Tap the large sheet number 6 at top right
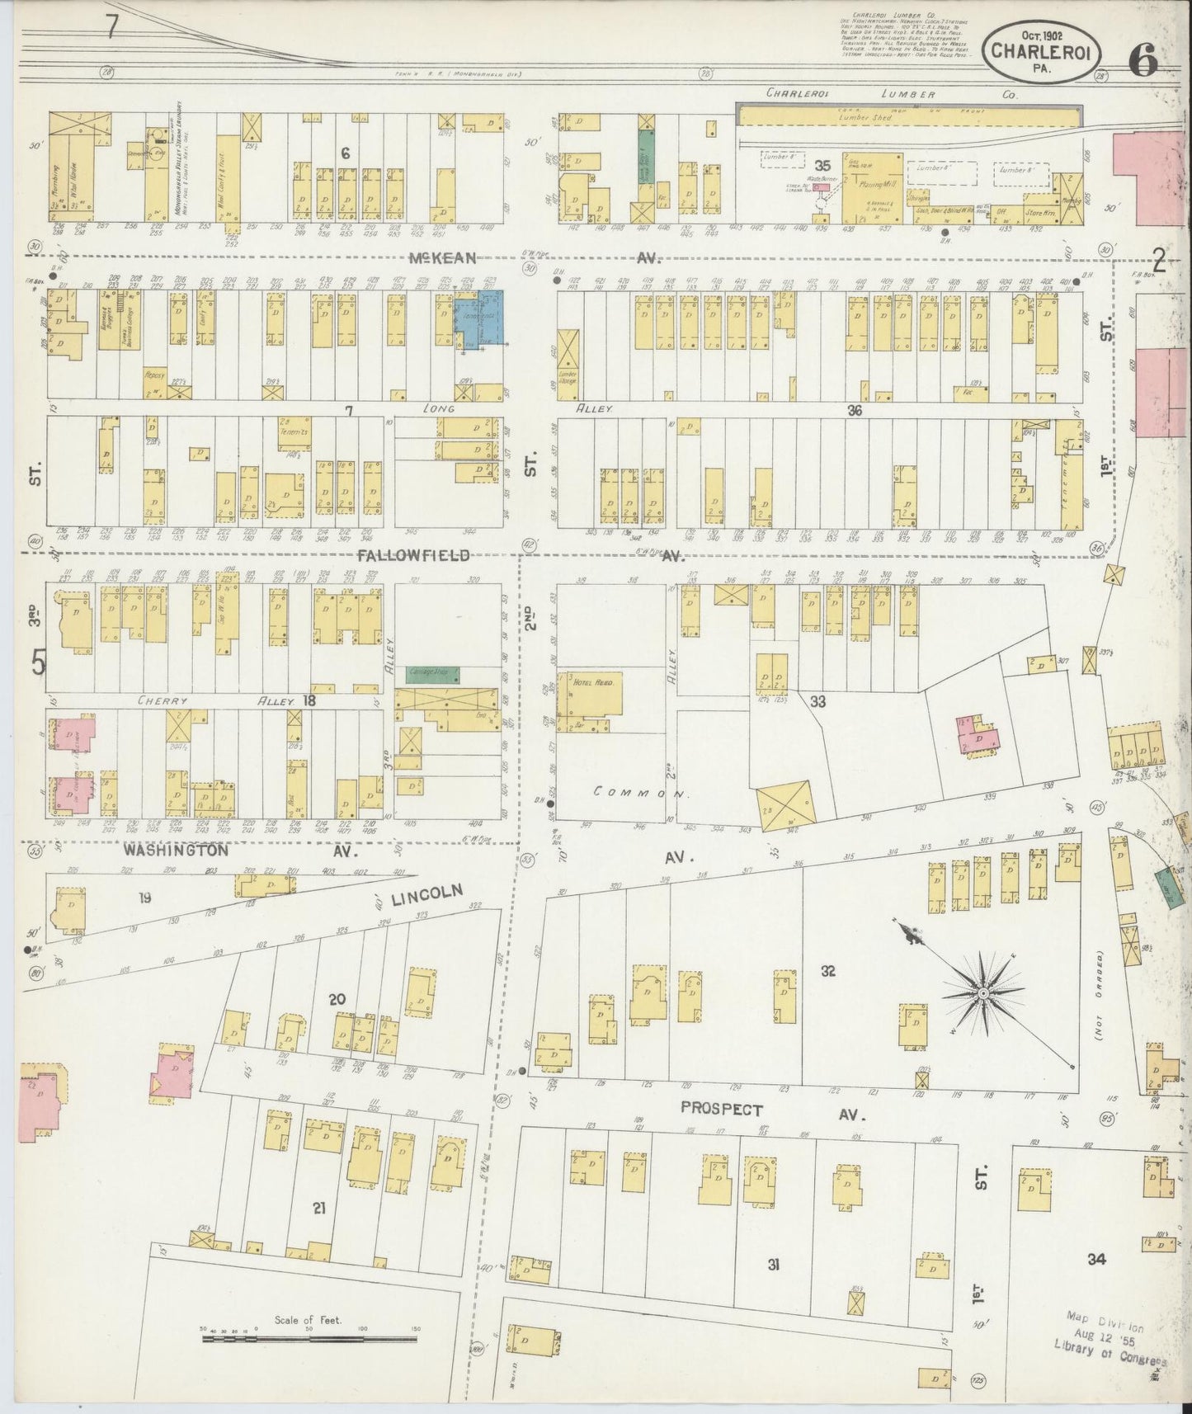(1143, 61)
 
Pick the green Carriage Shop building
(432, 674)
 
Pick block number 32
(827, 971)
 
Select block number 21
(319, 1208)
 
